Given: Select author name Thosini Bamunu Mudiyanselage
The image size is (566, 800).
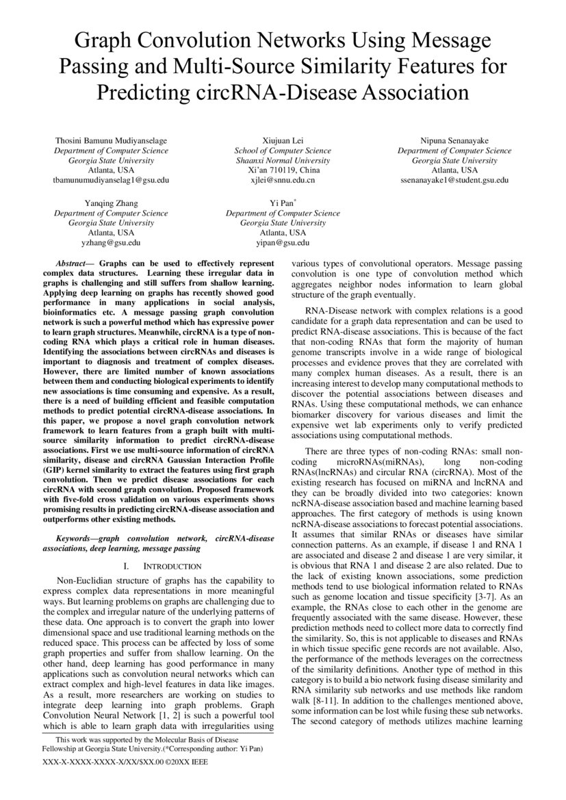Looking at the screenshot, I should pyautogui.click(x=111, y=141).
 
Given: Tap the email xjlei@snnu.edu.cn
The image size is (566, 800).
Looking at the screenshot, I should pyautogui.click(x=283, y=179).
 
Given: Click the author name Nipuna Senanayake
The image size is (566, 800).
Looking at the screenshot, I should pyautogui.click(x=454, y=141).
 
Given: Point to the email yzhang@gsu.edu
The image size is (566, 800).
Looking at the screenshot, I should pyautogui.click(x=111, y=242).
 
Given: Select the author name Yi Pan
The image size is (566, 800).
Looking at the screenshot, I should pyautogui.click(x=283, y=203).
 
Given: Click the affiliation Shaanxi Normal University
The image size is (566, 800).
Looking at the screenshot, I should pyautogui.click(x=283, y=160).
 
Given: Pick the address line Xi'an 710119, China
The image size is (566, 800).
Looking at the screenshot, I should pyautogui.click(x=283, y=170).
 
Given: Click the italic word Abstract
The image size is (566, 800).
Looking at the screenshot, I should pyautogui.click(x=73, y=263).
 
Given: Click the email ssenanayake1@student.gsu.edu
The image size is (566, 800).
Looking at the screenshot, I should pyautogui.click(x=454, y=179).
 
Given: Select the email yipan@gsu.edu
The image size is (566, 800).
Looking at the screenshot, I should pyautogui.click(x=283, y=242).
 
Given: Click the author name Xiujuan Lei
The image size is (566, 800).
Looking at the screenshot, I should pyautogui.click(x=283, y=141).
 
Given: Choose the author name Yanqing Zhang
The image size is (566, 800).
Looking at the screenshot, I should pyautogui.click(x=111, y=203).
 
